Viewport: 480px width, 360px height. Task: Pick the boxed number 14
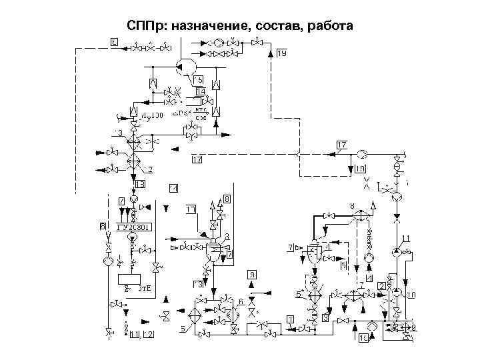click(201, 91)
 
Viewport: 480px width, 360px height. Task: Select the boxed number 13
click(141, 184)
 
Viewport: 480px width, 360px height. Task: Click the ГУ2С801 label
click(135, 227)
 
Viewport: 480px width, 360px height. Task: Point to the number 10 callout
click(411, 294)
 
